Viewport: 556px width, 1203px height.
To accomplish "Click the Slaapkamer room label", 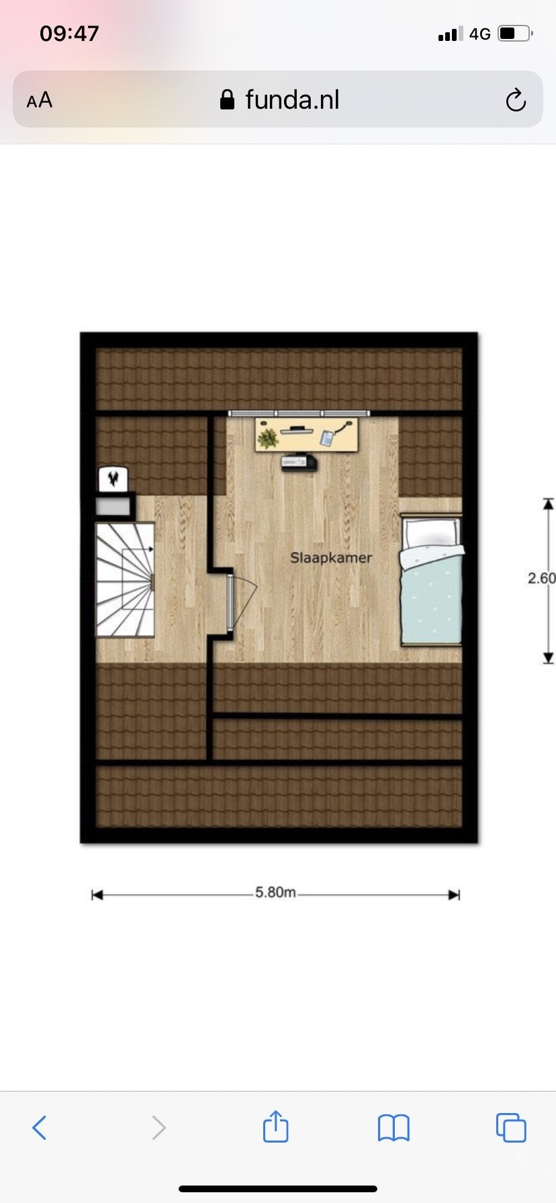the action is pos(331,558).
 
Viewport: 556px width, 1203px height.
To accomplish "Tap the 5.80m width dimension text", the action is pos(275,893).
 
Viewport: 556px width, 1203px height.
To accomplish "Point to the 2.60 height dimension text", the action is pos(542,578).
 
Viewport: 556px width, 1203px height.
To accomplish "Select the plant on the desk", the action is pos(268,438).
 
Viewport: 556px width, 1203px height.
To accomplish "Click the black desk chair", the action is pos(298,463).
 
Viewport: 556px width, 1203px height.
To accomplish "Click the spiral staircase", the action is pos(126,579).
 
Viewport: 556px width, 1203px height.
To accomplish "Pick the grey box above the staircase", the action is pos(113,506).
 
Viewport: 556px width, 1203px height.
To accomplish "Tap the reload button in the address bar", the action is pos(516,100).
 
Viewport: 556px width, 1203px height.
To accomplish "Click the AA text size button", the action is pos(40,100).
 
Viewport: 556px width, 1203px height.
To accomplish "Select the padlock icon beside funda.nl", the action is pos(228,100).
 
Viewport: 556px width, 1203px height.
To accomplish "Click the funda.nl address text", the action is pos(292,100).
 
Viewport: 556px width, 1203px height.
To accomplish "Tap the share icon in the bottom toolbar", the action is pos(275,1126).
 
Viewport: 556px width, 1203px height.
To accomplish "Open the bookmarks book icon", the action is pos(393,1128).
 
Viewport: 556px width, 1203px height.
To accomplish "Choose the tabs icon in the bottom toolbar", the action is pos(511,1127).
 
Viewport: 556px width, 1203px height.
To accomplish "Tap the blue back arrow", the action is pos(40,1127).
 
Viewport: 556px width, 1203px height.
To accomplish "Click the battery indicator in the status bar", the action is pos(516,34).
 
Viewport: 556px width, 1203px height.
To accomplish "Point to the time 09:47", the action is pos(69,34).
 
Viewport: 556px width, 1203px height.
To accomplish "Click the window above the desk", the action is pos(299,414).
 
